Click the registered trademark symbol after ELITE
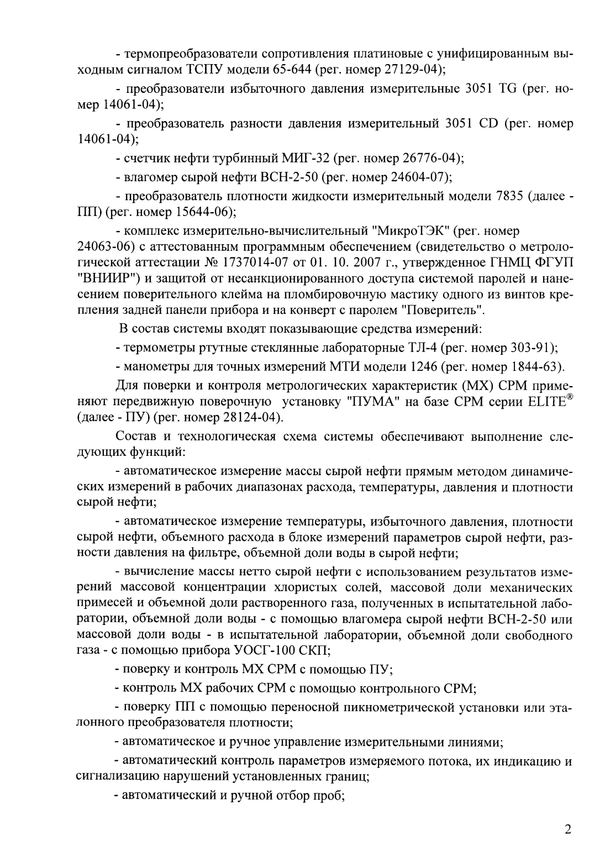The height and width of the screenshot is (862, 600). click(x=569, y=396)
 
